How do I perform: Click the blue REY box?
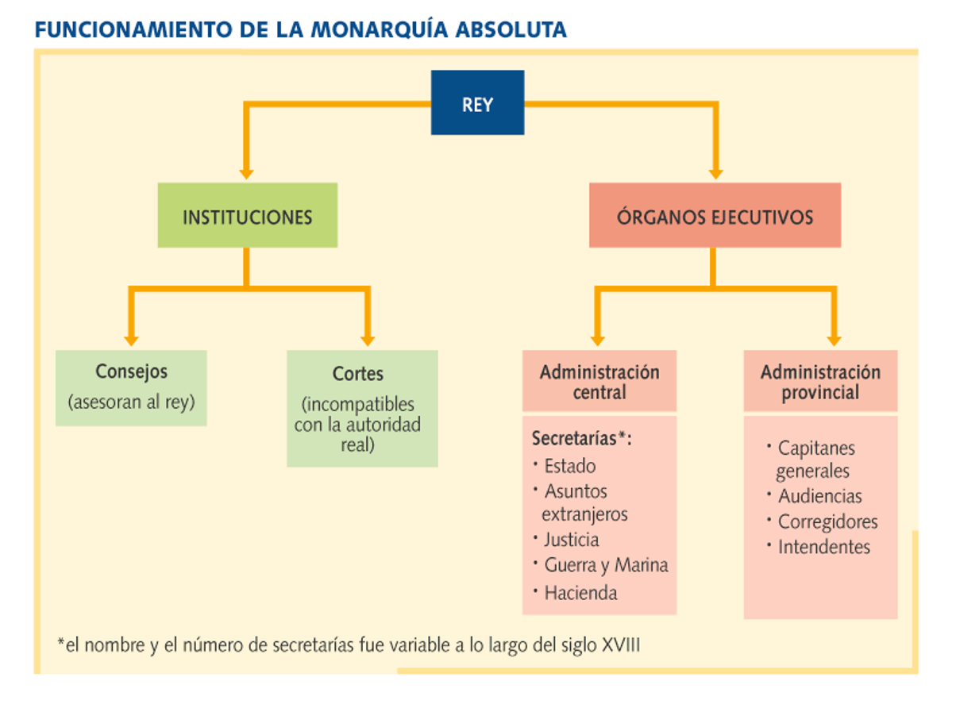477,102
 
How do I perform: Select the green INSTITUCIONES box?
248,215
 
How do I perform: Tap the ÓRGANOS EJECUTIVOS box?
715,215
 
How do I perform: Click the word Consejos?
132,372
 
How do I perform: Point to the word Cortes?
358,374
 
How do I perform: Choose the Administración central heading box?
599,381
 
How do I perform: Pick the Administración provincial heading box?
821,381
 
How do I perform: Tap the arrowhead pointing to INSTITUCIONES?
247,175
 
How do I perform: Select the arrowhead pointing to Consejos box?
132,341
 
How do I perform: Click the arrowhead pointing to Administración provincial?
834,341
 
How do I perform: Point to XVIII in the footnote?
621,644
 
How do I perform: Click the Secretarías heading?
582,439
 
